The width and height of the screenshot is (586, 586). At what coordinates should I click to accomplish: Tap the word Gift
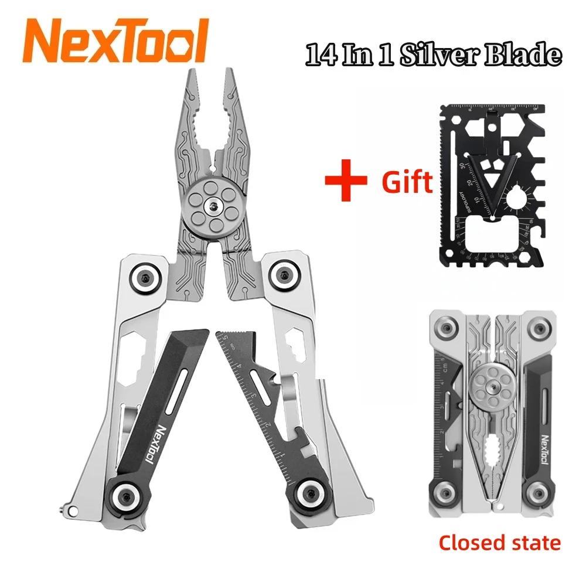click(407, 182)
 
